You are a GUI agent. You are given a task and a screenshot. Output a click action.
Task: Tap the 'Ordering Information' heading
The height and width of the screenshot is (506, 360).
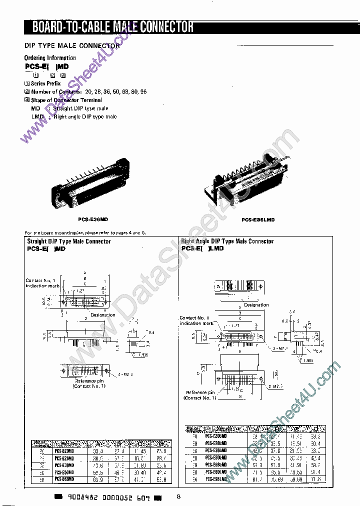[x=50, y=58]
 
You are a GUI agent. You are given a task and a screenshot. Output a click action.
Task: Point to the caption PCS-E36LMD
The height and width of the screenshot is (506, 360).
[x=258, y=219]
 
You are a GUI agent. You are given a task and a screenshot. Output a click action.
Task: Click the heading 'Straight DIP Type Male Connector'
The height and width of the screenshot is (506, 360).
[x=68, y=241]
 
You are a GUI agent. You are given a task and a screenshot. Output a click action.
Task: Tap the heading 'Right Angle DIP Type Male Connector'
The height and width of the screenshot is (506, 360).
[x=227, y=241]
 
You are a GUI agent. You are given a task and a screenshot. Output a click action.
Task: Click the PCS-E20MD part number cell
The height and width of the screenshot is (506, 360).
[x=65, y=451]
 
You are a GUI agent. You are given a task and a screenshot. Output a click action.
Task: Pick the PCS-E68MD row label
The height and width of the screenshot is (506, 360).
[x=65, y=479]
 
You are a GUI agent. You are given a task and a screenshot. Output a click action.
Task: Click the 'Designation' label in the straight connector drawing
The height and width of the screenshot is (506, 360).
[x=102, y=315]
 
